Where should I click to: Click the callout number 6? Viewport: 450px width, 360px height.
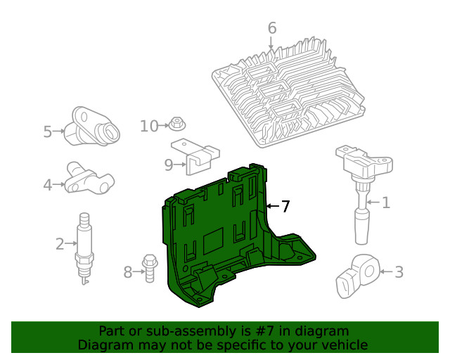(x=271, y=28)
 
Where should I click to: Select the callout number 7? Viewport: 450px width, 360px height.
(x=285, y=207)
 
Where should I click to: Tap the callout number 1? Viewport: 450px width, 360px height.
(x=385, y=203)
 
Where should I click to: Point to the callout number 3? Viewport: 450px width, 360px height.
(x=399, y=271)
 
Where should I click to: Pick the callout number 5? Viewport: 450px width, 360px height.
(x=48, y=131)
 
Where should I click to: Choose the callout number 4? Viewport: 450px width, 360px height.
(x=48, y=185)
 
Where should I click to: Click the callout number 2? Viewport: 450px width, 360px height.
(x=60, y=244)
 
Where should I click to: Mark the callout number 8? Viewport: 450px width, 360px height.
(x=127, y=271)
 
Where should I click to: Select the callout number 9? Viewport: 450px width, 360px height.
(x=169, y=165)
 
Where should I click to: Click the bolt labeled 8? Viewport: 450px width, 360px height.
(x=148, y=267)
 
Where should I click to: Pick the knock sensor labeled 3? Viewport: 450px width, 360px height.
(x=357, y=274)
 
